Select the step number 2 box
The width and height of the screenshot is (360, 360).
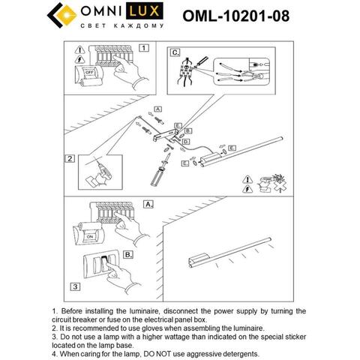click(x=70, y=159)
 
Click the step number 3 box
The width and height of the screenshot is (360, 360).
click(x=74, y=286)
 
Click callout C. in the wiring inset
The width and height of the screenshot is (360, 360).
click(x=175, y=53)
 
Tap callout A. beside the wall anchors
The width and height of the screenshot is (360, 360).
click(x=158, y=109)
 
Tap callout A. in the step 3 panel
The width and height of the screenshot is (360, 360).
click(x=148, y=204)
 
